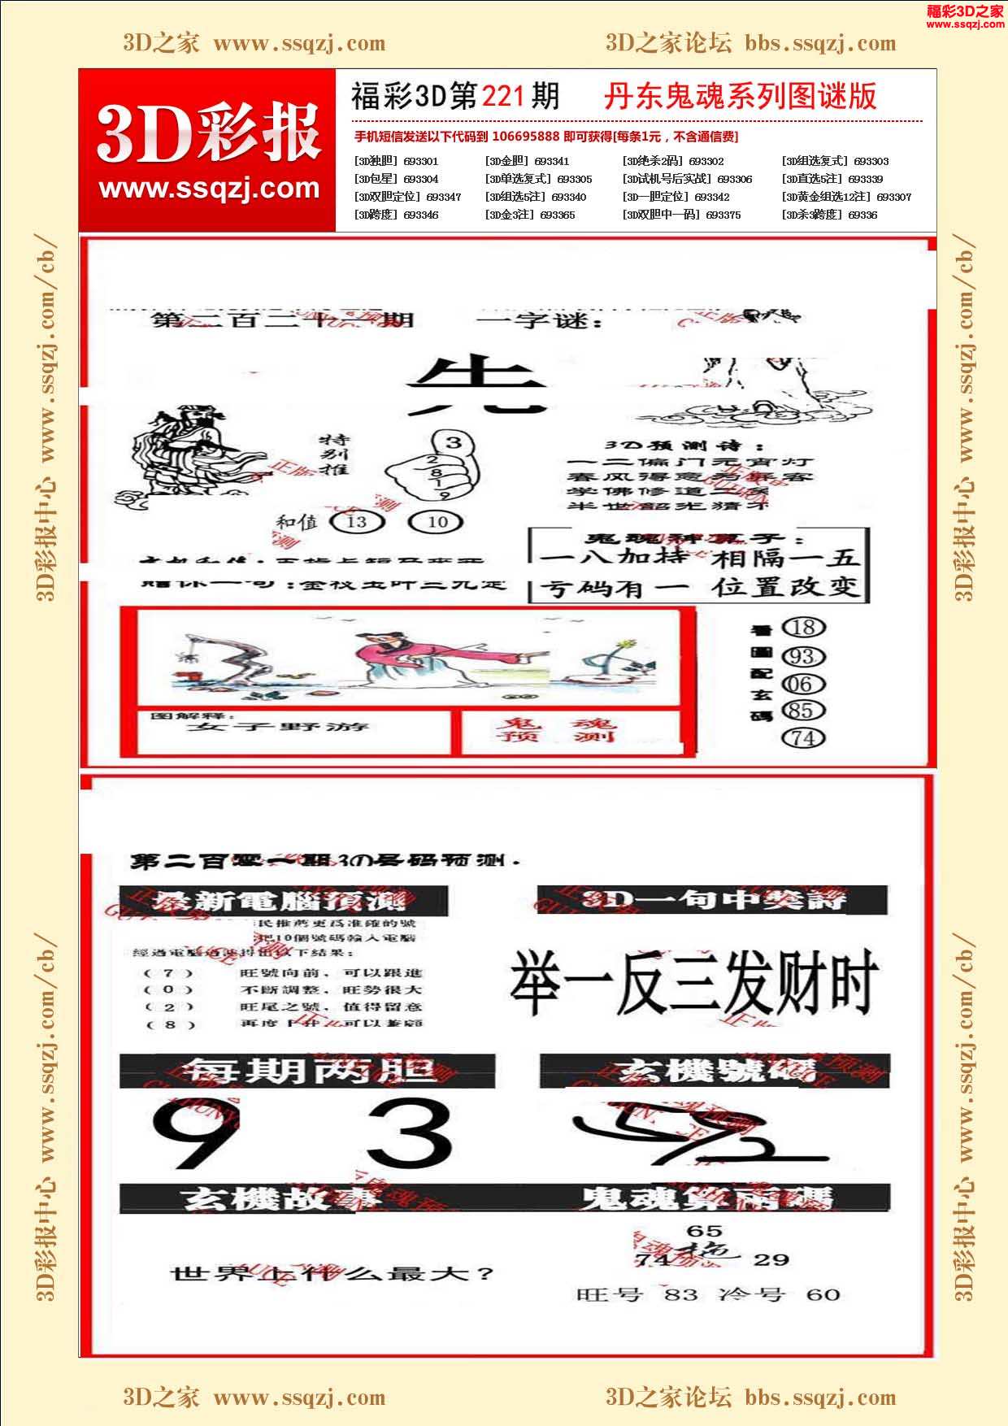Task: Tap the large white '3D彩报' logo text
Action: (208, 135)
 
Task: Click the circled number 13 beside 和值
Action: (357, 521)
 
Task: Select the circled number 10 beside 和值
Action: (437, 521)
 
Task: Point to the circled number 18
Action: (803, 627)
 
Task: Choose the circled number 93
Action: (803, 656)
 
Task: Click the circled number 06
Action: (803, 684)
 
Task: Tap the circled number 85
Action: (803, 711)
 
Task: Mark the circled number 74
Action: (803, 738)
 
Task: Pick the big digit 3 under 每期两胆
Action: (409, 1133)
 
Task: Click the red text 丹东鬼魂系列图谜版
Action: (740, 97)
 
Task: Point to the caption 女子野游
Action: (277, 726)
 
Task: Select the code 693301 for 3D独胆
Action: (421, 161)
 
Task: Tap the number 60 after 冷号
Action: (823, 1293)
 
